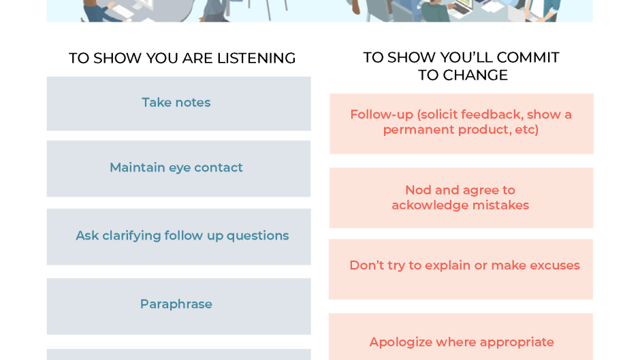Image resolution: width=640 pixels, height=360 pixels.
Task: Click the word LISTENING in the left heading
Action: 256,59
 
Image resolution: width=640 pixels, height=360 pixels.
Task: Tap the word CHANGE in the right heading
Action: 475,76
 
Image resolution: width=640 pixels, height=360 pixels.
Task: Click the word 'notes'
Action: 193,103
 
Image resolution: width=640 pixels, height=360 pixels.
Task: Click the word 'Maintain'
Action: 137,167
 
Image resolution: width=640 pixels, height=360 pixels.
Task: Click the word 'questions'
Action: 257,235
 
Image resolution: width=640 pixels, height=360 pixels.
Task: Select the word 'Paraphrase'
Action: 176,304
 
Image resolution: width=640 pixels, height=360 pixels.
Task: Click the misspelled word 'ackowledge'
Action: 428,206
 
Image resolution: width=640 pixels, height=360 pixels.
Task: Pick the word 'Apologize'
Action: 400,342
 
